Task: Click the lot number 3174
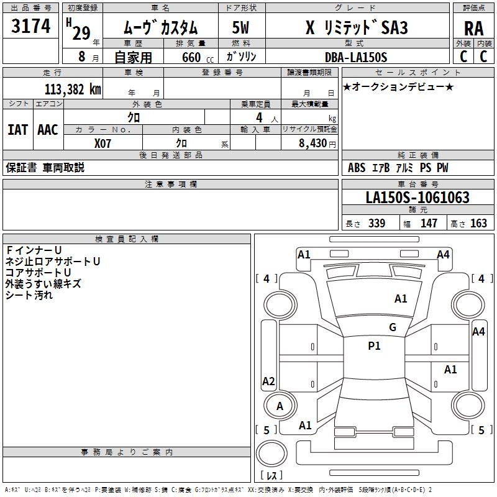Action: point(31,26)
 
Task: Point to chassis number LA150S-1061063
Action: point(417,198)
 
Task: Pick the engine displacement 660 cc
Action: point(189,57)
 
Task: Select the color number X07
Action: point(103,142)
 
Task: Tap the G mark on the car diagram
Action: point(392,327)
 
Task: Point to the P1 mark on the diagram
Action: point(374,346)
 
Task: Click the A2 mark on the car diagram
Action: point(268,381)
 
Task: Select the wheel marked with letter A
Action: point(280,406)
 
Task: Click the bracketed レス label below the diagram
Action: point(271,475)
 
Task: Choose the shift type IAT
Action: point(17,129)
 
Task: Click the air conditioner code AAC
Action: point(47,129)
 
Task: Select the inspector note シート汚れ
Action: point(29,295)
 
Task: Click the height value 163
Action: point(478,224)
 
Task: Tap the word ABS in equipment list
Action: point(357,168)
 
